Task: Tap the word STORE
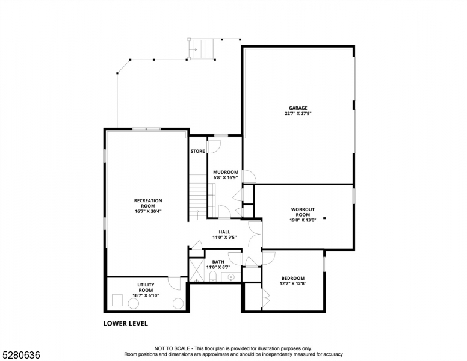[197, 151]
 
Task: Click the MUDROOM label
[225, 172]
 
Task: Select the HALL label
[224, 232]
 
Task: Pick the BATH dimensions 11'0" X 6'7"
[218, 267]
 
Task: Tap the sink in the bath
[230, 277]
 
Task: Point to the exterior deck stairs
[200, 49]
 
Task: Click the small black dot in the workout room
[324, 218]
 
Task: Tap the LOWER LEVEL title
[126, 323]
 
